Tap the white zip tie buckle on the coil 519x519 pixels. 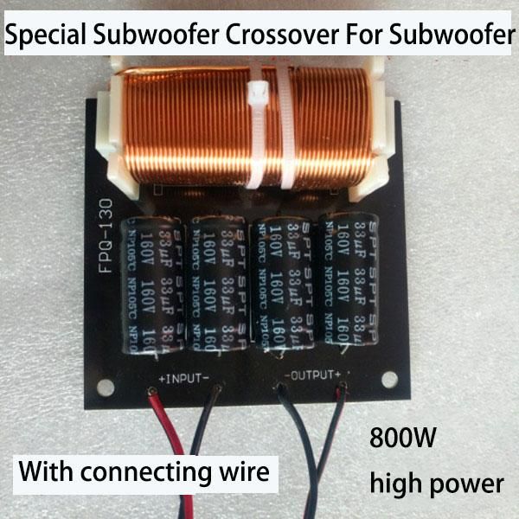(257, 96)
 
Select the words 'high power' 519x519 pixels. (436, 482)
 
